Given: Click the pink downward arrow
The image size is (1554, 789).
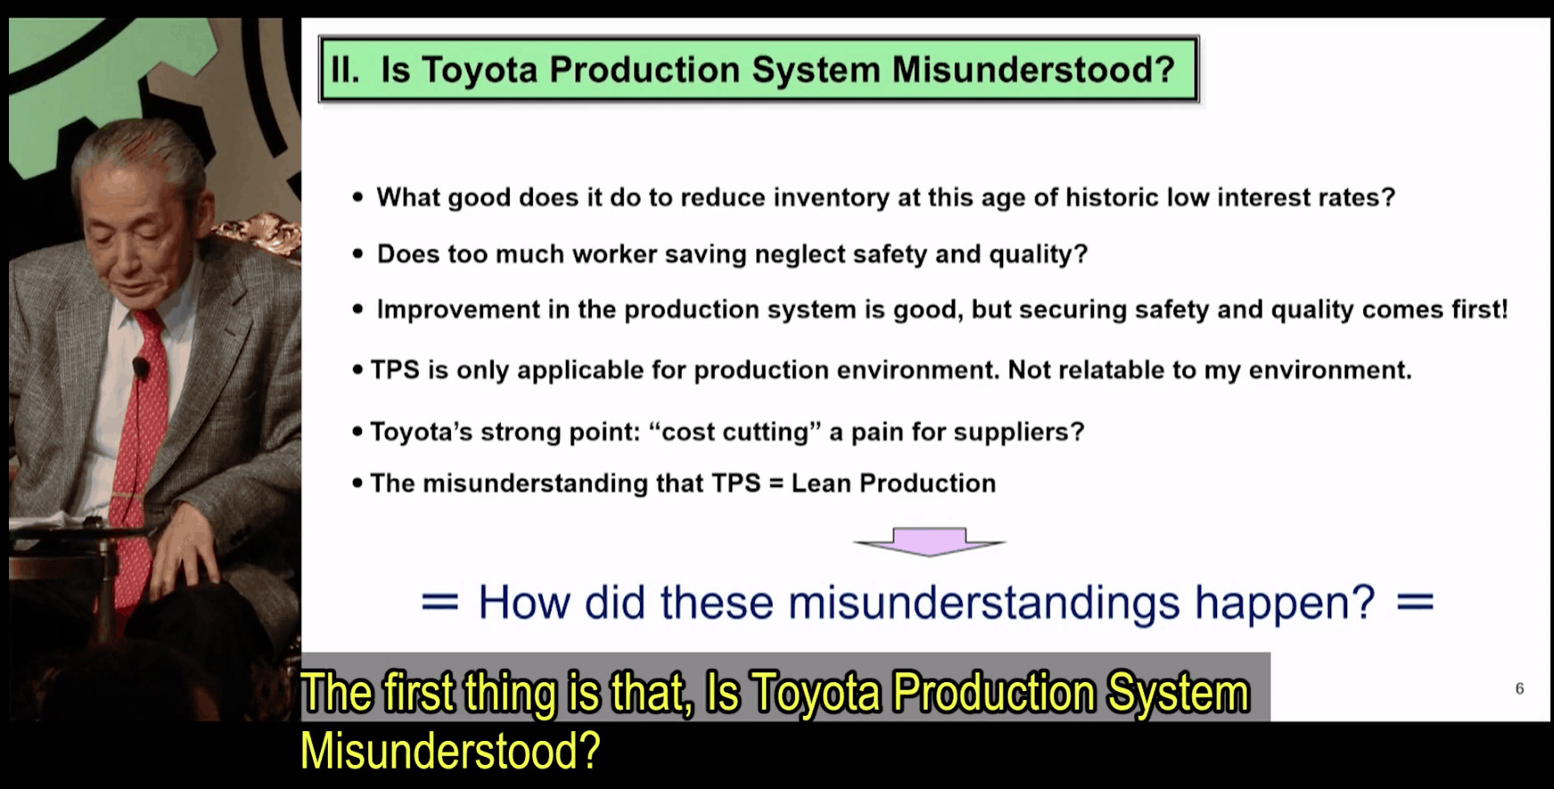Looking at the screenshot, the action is point(929,541).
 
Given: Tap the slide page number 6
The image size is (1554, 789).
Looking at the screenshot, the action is point(1519,688).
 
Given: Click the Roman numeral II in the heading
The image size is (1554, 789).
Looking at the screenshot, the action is point(345,69).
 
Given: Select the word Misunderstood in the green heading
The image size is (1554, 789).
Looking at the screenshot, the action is point(1034,69).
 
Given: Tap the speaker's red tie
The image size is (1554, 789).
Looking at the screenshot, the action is point(138,445).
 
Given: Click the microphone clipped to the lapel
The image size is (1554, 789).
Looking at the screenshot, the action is point(140,366).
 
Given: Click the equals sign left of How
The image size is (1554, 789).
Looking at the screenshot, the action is point(440,603).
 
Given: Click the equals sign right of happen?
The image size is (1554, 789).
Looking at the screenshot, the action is point(1415,603).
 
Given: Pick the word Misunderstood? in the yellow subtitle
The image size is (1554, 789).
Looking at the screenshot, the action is point(450,750).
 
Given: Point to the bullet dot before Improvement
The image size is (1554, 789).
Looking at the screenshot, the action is point(358,310).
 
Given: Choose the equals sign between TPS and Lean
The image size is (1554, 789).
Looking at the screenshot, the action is point(776,484).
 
